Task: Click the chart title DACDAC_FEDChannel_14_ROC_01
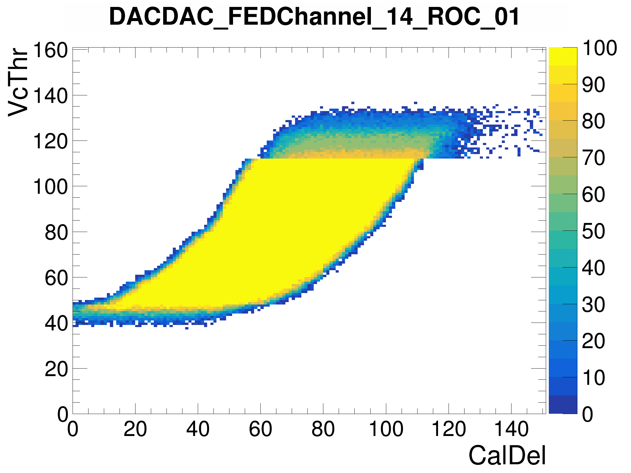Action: pos(314,17)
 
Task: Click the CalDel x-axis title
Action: pos(507,456)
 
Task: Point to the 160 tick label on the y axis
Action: pos(50,50)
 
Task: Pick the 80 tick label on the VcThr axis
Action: pos(56,232)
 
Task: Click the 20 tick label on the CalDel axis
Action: pos(135,429)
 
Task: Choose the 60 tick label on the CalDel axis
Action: pos(260,429)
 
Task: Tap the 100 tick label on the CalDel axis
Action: pos(386,429)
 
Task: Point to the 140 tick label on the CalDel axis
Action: pos(511,429)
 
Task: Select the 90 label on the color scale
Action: pos(593,85)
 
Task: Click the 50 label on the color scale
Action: pos(593,231)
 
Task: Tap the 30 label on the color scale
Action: pos(593,305)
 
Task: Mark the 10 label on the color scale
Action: pos(593,378)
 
